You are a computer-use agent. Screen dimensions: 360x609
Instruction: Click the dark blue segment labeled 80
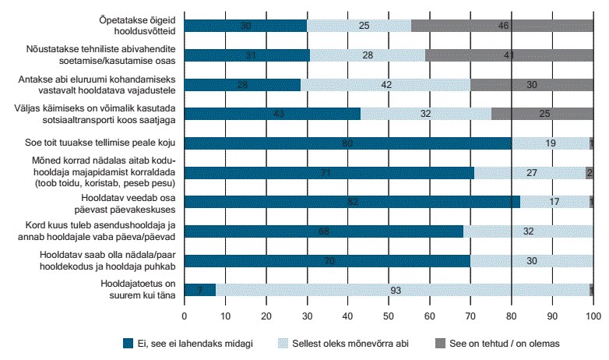347,143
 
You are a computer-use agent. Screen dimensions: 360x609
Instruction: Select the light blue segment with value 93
403,290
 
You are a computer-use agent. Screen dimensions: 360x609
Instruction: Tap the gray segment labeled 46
502,26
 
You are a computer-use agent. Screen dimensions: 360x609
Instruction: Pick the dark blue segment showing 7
199,290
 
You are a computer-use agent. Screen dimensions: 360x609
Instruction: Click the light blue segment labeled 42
385,84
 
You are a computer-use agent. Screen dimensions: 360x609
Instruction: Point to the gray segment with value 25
542,114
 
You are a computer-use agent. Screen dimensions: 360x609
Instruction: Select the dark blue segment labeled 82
352,202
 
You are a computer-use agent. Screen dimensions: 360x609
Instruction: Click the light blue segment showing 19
550,143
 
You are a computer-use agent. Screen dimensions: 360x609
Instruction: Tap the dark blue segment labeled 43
272,114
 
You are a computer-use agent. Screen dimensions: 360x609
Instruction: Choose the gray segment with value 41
509,55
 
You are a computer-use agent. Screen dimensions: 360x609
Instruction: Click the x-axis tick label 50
389,317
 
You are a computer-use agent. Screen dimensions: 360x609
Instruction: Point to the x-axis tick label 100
593,317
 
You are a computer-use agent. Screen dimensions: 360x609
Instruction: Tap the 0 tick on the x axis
184,317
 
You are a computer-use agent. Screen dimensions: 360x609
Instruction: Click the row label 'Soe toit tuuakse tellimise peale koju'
112,143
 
